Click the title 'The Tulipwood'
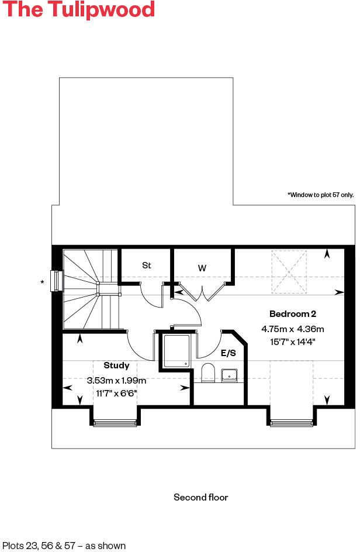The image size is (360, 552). pyautogui.click(x=79, y=11)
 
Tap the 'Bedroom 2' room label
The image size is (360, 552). pyautogui.click(x=293, y=314)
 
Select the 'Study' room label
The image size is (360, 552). pyautogui.click(x=116, y=365)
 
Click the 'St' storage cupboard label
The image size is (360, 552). pyautogui.click(x=147, y=265)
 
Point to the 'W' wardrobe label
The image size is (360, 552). pyautogui.click(x=202, y=268)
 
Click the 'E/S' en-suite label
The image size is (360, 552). pyautogui.click(x=228, y=353)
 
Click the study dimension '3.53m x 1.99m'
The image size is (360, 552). pyautogui.click(x=116, y=380)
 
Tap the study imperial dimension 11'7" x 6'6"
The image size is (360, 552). pyautogui.click(x=116, y=392)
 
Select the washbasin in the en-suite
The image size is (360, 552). pyautogui.click(x=229, y=375)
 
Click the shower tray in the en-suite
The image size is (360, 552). pyautogui.click(x=176, y=351)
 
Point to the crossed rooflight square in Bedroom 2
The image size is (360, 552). pyautogui.click(x=289, y=272)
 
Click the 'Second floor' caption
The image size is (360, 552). pyautogui.click(x=200, y=498)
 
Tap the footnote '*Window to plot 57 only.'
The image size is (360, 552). pyautogui.click(x=320, y=195)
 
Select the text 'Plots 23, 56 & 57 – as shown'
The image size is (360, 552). pyautogui.click(x=64, y=546)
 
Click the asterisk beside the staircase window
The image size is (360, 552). pyautogui.click(x=41, y=283)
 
